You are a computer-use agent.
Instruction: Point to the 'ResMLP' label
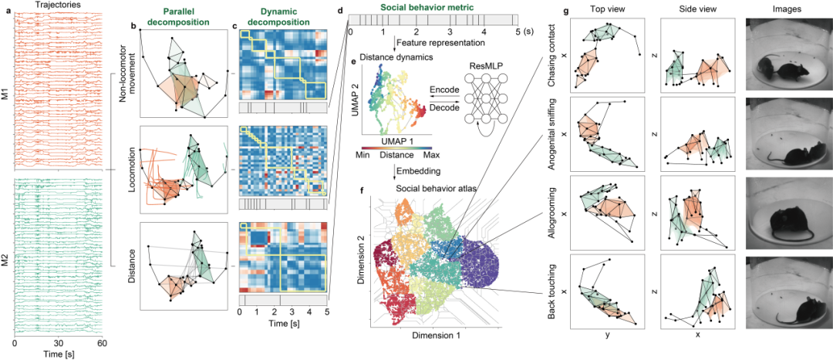[x=481, y=65]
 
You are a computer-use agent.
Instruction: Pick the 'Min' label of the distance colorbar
[x=364, y=154]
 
